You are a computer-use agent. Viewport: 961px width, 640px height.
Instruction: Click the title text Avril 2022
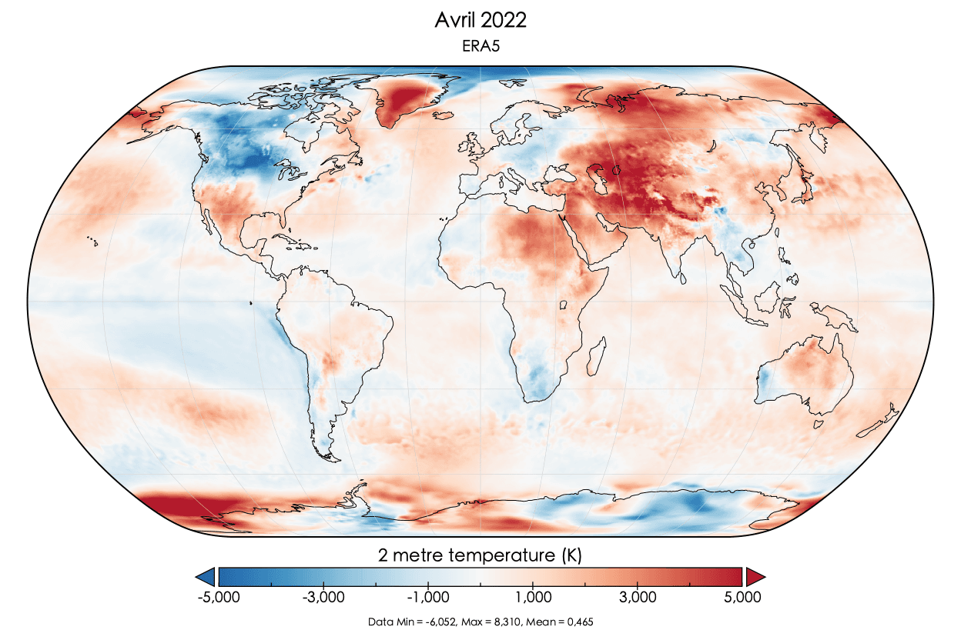coord(480,21)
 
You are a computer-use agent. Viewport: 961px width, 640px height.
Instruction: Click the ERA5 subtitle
coord(480,48)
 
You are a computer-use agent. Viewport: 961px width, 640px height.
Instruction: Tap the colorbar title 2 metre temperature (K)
coord(480,555)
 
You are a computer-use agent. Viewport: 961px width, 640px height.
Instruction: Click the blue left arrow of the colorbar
coord(206,576)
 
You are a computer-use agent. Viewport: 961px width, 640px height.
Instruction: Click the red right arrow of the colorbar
coord(755,576)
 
